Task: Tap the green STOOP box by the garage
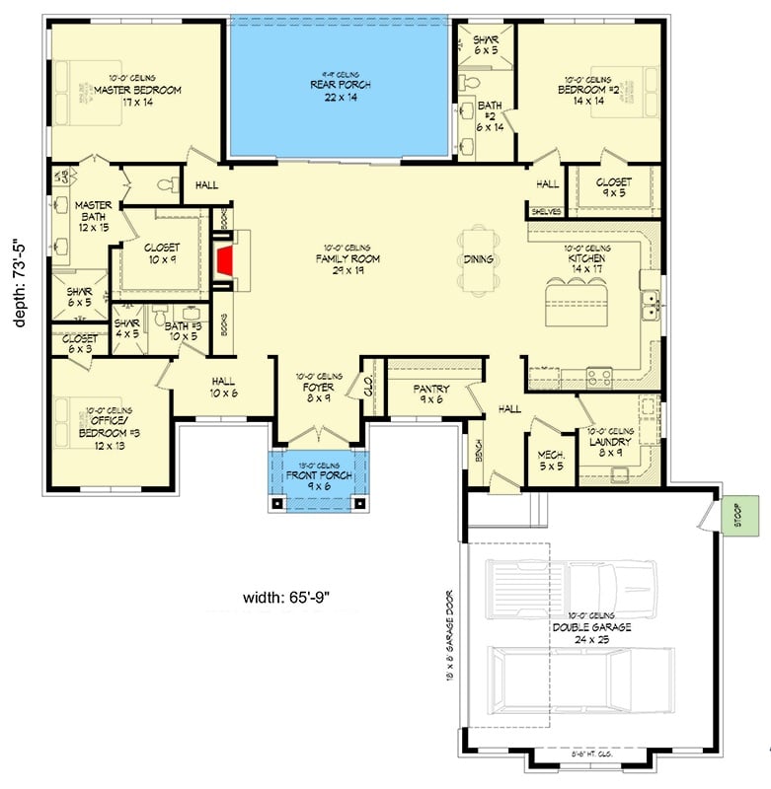[735, 515]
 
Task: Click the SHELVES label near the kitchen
[545, 211]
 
